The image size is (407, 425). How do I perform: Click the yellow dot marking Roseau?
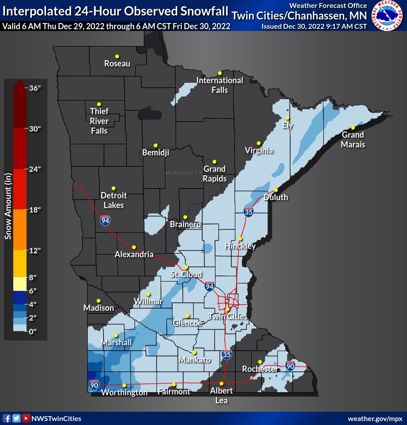tap(117, 56)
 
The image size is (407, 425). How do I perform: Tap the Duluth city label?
tap(276, 197)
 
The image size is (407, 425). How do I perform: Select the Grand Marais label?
tap(353, 139)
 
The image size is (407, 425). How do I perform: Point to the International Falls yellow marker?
tap(219, 73)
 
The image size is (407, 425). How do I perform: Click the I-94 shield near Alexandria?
tap(105, 221)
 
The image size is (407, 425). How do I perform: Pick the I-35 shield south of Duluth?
tap(249, 212)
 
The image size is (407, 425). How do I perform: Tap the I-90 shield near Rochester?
tap(290, 366)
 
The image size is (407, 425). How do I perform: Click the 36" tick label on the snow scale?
tap(35, 88)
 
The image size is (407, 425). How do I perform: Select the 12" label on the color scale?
tap(35, 251)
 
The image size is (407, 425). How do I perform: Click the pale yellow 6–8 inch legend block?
tap(19, 284)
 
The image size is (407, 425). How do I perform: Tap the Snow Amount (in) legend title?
tap(8, 206)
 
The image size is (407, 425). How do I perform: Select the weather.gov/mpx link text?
tap(375, 419)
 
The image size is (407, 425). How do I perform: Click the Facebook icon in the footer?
tap(7, 418)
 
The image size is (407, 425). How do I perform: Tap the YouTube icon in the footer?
tap(26, 418)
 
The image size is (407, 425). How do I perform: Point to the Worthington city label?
tap(124, 393)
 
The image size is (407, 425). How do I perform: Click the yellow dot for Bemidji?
tap(156, 145)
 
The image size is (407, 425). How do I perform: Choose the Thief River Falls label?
tap(99, 121)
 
